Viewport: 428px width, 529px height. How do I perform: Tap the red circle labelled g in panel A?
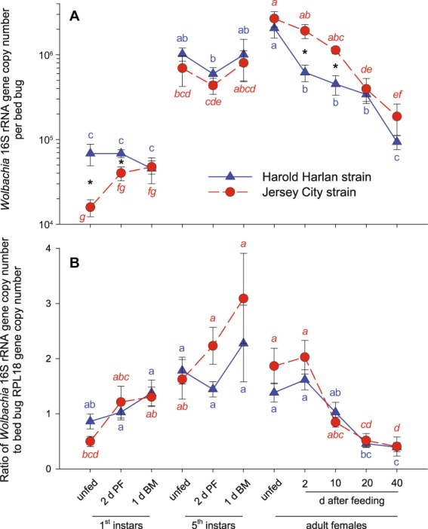pyautogui.click(x=91, y=207)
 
